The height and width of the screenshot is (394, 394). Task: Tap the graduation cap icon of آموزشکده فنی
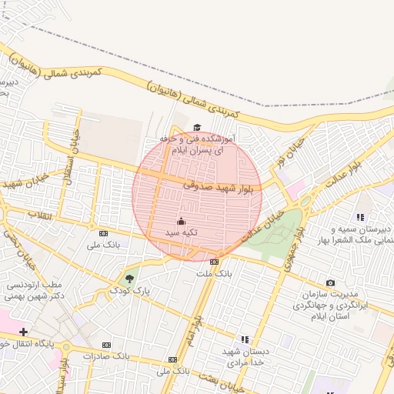(x=197, y=128)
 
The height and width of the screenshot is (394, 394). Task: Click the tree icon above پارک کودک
(x=128, y=279)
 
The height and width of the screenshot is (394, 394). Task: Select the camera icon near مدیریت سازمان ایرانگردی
(x=330, y=283)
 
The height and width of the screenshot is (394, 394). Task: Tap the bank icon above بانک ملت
(x=214, y=262)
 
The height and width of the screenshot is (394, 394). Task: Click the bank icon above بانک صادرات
(x=107, y=345)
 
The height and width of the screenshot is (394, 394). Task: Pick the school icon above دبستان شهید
(x=245, y=339)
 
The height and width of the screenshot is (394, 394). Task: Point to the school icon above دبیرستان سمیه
(x=360, y=218)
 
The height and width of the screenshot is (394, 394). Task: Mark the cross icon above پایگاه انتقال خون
(x=25, y=332)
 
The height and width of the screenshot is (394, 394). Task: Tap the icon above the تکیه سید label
(x=181, y=221)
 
